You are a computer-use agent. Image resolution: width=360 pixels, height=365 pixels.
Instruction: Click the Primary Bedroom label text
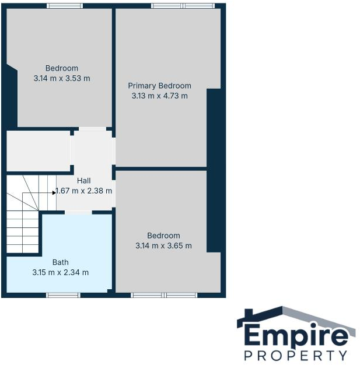pyautogui.click(x=159, y=86)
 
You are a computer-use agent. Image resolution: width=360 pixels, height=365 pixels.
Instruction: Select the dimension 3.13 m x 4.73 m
pyautogui.click(x=159, y=96)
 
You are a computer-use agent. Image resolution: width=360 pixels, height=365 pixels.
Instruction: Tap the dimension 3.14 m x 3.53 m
pyautogui.click(x=62, y=78)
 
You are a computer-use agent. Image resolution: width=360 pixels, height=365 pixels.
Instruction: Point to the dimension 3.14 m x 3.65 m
pyautogui.click(x=163, y=245)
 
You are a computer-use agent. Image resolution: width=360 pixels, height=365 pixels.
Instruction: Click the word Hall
pyautogui.click(x=83, y=181)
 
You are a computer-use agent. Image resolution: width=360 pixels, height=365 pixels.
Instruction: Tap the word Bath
pyautogui.click(x=61, y=262)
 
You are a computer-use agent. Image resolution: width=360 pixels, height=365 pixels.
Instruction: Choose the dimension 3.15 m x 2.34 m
pyautogui.click(x=61, y=272)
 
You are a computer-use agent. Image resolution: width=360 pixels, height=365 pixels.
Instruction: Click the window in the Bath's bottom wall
pyautogui.click(x=63, y=295)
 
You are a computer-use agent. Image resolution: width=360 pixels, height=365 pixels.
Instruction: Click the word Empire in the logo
pyautogui.click(x=296, y=336)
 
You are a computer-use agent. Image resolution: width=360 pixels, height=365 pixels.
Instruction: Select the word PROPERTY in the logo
pyautogui.click(x=296, y=355)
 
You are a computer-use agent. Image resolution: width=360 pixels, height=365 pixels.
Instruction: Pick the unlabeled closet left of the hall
pyautogui.click(x=38, y=151)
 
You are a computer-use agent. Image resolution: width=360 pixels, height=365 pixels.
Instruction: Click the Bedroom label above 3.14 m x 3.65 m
pyautogui.click(x=163, y=236)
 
